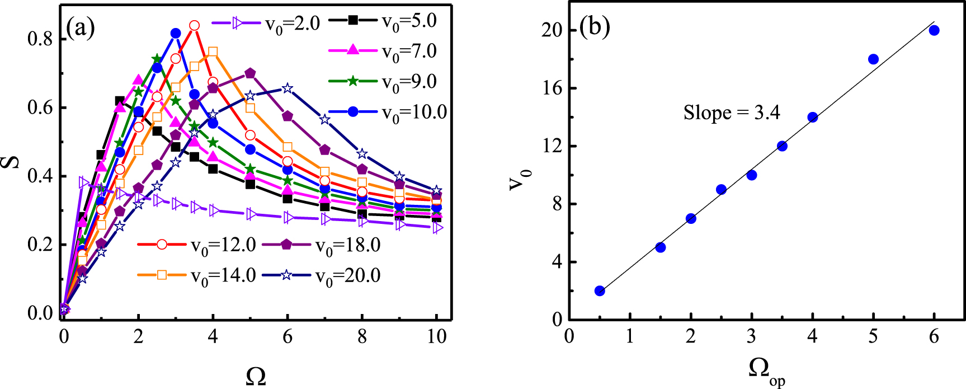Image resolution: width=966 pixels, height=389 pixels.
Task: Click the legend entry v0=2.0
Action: (266, 24)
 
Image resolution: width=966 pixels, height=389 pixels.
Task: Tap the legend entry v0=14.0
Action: (197, 275)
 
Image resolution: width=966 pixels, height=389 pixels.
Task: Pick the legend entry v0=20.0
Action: (322, 275)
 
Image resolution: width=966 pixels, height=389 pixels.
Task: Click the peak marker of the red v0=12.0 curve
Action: (194, 26)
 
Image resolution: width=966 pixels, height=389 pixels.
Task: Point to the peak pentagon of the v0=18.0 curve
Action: (250, 73)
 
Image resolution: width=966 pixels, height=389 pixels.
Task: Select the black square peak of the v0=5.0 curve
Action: (120, 101)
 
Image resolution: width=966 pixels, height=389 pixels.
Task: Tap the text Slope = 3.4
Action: (732, 113)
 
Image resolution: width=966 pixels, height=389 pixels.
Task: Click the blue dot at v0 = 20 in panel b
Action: (934, 31)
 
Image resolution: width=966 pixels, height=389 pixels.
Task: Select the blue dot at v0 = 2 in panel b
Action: (600, 291)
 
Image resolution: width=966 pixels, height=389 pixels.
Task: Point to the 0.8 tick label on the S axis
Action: (40, 40)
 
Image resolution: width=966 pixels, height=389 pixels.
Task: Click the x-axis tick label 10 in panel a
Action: (437, 336)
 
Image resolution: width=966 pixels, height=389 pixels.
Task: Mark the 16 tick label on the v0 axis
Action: (553, 88)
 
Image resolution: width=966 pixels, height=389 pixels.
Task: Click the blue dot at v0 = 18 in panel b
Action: (873, 59)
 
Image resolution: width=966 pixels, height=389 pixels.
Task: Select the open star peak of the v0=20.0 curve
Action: (288, 88)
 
